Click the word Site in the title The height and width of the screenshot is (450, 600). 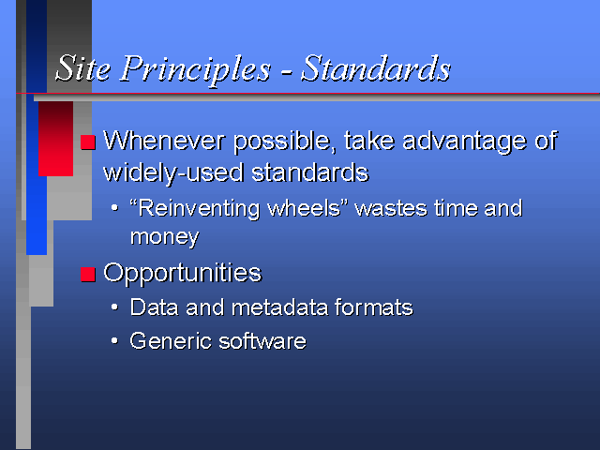(x=83, y=68)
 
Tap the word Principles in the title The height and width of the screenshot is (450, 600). (x=196, y=69)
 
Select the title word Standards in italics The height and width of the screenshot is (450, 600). (x=376, y=68)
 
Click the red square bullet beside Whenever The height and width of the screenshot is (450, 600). (x=88, y=142)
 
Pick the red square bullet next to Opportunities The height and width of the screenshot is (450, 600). (x=88, y=275)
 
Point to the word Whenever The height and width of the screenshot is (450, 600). (x=164, y=141)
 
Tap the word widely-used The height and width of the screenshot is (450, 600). (x=173, y=173)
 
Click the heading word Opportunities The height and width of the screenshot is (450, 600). (x=183, y=274)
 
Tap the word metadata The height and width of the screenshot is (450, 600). (x=279, y=307)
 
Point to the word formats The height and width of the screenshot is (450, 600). (x=374, y=307)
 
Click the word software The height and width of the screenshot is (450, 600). (x=262, y=341)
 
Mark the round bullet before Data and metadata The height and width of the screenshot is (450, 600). (x=114, y=307)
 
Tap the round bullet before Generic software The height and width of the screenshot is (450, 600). (x=114, y=340)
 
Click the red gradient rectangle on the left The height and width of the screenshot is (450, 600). (x=56, y=139)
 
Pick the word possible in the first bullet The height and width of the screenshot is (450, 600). (x=285, y=142)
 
